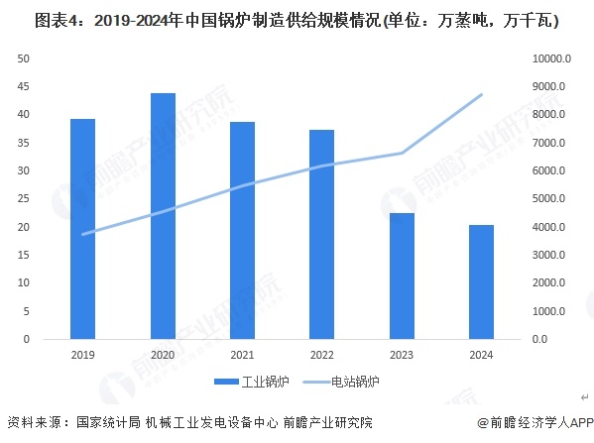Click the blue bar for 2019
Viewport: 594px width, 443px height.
[x=82, y=229]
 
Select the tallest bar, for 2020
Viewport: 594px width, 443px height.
[x=163, y=216]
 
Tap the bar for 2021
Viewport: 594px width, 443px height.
[x=242, y=231]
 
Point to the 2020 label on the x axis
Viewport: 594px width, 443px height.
[x=163, y=353]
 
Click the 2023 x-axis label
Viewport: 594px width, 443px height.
[x=401, y=353]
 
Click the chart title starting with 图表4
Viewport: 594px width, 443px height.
[x=296, y=20]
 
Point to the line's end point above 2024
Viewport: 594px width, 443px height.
[x=481, y=95]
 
